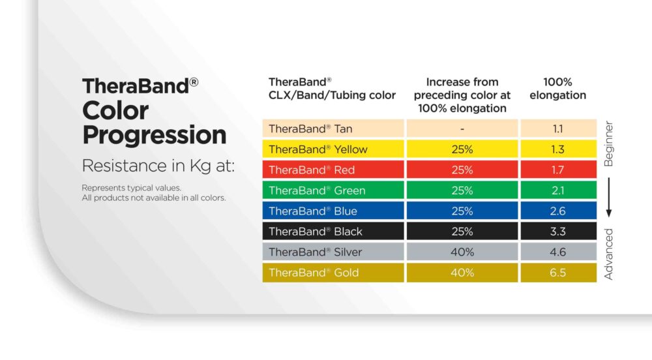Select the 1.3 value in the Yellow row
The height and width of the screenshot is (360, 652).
click(558, 149)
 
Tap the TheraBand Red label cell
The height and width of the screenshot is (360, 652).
click(333, 170)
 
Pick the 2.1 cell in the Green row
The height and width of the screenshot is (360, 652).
click(558, 190)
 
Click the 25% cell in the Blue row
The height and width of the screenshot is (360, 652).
click(462, 211)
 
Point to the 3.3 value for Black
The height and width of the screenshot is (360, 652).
click(558, 231)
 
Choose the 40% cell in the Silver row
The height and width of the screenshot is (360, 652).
click(462, 252)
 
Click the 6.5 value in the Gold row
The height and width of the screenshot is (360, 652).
click(558, 273)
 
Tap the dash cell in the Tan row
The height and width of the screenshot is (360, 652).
click(462, 128)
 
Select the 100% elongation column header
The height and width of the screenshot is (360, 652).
click(558, 89)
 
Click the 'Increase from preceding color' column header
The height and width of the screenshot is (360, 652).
click(462, 95)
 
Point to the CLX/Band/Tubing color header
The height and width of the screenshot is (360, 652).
click(332, 89)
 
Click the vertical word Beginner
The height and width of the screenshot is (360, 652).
click(608, 144)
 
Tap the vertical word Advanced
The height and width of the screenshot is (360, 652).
click(608, 254)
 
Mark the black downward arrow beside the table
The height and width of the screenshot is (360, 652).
click(609, 198)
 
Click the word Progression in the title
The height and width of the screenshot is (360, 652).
click(155, 136)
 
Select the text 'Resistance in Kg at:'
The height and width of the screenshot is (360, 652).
click(158, 166)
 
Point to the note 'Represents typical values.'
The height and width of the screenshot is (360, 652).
click(132, 188)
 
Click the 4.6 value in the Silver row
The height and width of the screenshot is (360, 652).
click(558, 252)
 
